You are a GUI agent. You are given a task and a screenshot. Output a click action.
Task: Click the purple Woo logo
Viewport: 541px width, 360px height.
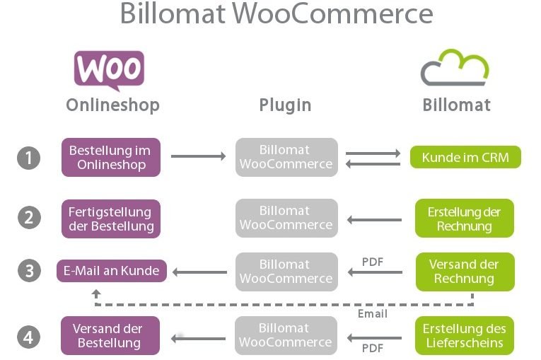109,69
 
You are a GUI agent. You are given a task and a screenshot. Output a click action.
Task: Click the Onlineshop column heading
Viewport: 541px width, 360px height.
112,105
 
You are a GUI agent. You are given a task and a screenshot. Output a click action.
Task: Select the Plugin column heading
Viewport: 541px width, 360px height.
285,105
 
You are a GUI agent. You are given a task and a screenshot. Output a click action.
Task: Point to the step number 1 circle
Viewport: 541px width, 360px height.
28,158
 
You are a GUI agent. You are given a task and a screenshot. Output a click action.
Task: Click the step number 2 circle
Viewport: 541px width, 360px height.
28,217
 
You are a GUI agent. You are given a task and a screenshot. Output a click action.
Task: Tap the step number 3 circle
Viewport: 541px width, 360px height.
28,272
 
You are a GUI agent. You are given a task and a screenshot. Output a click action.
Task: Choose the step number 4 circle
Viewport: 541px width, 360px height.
28,337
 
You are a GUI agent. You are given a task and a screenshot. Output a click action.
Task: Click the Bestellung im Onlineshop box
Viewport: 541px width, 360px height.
110,157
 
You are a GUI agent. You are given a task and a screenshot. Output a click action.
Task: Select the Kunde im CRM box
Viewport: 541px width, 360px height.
465,157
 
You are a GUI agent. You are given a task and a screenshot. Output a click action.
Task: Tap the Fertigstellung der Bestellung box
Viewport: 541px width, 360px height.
111,219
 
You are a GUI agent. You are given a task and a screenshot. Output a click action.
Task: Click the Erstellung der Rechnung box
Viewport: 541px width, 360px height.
464,219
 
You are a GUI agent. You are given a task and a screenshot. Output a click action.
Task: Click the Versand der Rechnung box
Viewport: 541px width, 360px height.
464,271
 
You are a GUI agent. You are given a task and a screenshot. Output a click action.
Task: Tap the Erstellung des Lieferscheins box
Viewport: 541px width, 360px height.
464,336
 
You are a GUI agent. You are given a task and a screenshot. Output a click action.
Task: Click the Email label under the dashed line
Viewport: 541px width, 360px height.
373,313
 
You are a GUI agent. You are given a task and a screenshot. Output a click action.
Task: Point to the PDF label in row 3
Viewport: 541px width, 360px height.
373,261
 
